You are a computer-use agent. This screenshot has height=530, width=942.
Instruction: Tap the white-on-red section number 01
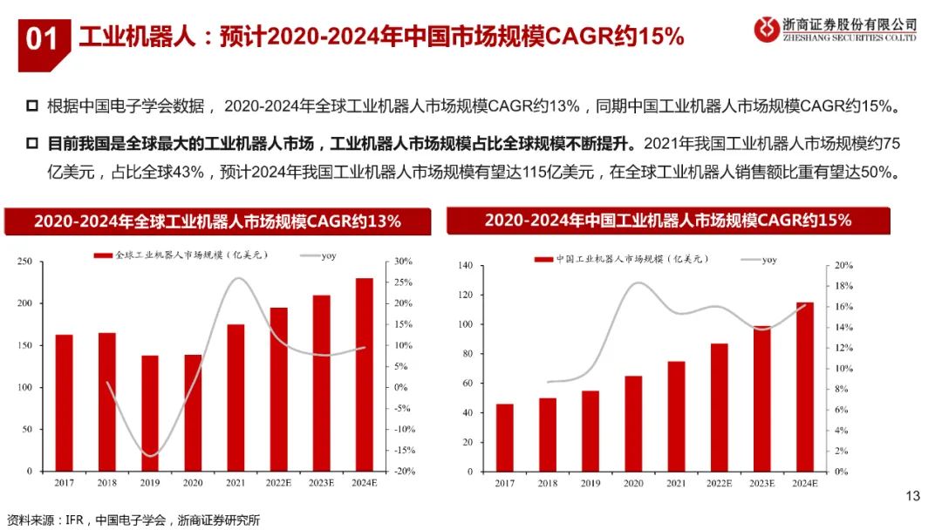[x=41, y=39]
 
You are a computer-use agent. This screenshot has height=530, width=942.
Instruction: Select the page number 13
[x=912, y=497]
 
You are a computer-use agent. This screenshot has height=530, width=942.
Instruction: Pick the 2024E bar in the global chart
[x=364, y=375]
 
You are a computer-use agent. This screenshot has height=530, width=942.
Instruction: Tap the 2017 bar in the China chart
[x=504, y=438]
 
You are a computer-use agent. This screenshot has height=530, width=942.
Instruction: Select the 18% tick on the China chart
[x=840, y=286]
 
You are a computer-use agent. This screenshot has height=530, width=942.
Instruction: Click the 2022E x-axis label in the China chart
[x=718, y=484]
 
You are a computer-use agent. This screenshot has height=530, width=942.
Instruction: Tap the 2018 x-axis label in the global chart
[x=106, y=484]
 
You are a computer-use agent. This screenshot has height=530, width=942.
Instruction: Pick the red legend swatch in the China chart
[x=542, y=260]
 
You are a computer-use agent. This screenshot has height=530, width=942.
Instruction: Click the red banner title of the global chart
[x=217, y=221]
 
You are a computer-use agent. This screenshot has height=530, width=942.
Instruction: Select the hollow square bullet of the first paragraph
[x=32, y=106]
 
